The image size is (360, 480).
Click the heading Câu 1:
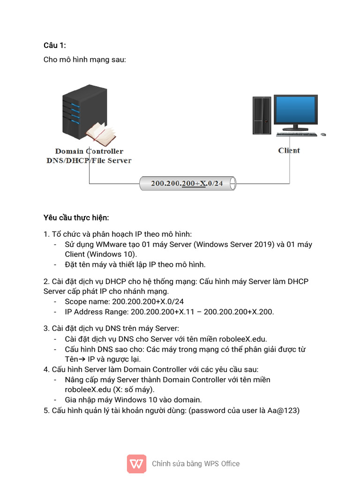point(55,45)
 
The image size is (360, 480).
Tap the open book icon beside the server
point(101,134)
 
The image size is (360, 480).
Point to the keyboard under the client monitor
point(296,135)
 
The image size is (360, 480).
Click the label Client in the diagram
point(289,150)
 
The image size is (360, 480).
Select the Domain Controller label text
point(89,151)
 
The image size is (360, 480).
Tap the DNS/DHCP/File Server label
point(89,161)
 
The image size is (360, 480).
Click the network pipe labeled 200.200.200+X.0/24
point(187,184)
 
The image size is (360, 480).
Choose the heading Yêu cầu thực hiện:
point(76,218)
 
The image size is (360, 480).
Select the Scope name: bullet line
point(124,301)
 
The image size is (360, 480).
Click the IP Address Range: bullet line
point(169,312)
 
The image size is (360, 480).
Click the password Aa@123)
point(283,411)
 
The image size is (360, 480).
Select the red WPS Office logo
point(136,464)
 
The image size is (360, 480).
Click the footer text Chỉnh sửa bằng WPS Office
point(195,464)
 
